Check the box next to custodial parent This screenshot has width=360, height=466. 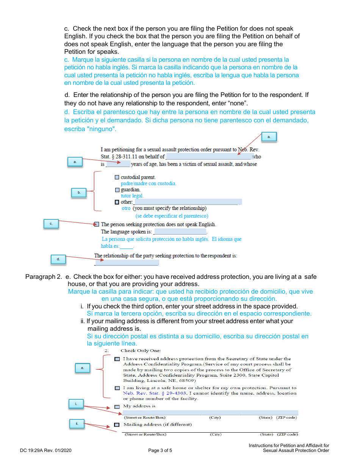click(117, 177)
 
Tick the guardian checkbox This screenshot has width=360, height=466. click(117, 190)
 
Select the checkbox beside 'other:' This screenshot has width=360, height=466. click(117, 202)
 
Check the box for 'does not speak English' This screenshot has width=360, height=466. click(97, 224)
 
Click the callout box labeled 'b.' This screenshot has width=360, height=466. click(79, 193)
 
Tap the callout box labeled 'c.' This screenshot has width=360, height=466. click(51, 224)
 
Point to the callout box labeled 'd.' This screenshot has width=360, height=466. click(58, 260)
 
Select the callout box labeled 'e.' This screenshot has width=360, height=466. click(82, 368)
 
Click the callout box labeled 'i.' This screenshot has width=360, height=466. click(76, 404)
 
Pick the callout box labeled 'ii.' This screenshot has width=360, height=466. click(77, 424)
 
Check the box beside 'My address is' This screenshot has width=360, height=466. click(117, 407)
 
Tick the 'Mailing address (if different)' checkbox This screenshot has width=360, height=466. click(117, 425)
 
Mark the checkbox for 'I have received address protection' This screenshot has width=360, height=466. click(117, 359)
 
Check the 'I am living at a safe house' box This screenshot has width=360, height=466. click(117, 388)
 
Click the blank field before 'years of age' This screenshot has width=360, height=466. click(118, 164)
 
